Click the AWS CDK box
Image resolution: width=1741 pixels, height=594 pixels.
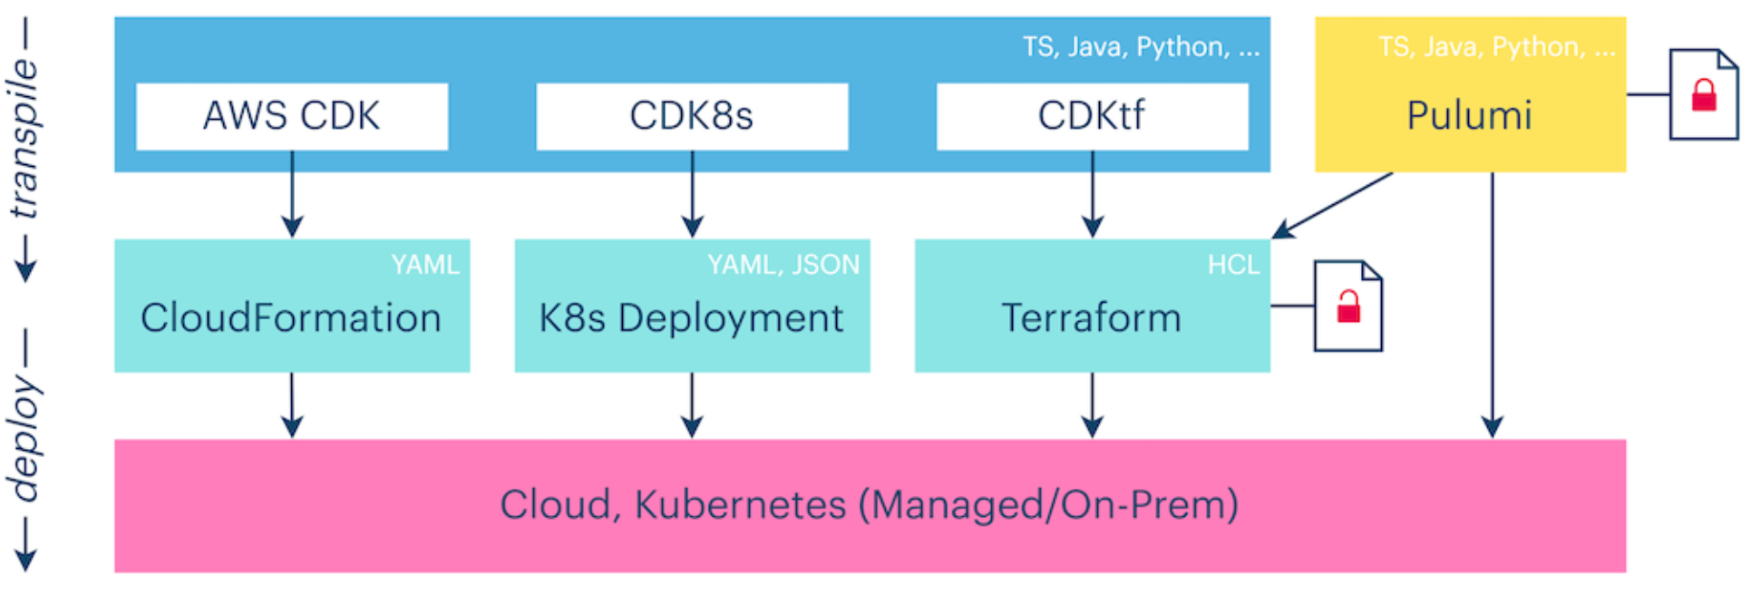click(x=291, y=116)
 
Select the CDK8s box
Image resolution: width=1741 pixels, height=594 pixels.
click(x=692, y=116)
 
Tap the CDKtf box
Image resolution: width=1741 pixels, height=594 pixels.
click(x=1092, y=116)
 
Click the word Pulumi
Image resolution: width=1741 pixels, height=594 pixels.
click(x=1469, y=116)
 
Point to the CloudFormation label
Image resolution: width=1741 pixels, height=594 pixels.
click(x=291, y=318)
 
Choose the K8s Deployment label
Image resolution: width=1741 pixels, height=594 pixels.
click(x=691, y=318)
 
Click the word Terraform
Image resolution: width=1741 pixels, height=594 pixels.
click(x=1092, y=318)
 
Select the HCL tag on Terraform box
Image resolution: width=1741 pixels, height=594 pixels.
click(x=1233, y=265)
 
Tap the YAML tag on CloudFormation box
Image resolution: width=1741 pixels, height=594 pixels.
click(x=425, y=265)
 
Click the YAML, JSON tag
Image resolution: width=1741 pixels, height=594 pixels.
click(x=783, y=265)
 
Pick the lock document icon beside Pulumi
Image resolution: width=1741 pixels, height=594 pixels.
click(x=1704, y=94)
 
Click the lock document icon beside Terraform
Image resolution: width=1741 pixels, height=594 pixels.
click(x=1348, y=307)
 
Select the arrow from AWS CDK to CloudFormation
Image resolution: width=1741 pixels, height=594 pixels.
click(x=292, y=195)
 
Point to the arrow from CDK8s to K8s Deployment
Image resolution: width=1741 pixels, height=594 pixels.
click(x=692, y=195)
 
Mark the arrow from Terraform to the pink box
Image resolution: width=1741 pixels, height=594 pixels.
click(x=1093, y=405)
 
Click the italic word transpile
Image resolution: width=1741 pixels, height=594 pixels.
click(x=25, y=139)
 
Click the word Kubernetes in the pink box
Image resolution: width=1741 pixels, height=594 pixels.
click(x=740, y=505)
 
